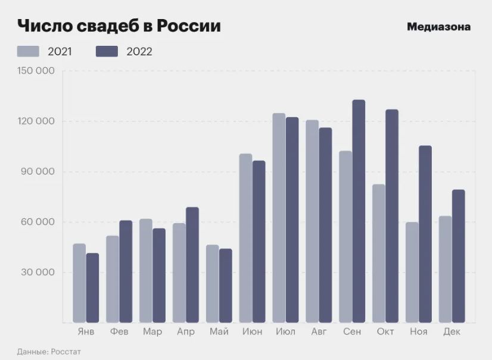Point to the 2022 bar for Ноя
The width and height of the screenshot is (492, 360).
coord(425,234)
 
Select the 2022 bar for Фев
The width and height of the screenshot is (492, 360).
coord(126,271)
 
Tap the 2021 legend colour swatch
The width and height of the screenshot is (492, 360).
coord(28,51)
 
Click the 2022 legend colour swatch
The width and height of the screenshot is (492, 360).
coord(107,51)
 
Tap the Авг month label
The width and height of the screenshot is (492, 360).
coord(319,331)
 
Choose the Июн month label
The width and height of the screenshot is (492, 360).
coord(252,331)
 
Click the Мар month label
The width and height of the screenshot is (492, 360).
coord(152,331)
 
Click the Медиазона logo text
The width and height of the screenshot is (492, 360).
coord(438,27)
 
